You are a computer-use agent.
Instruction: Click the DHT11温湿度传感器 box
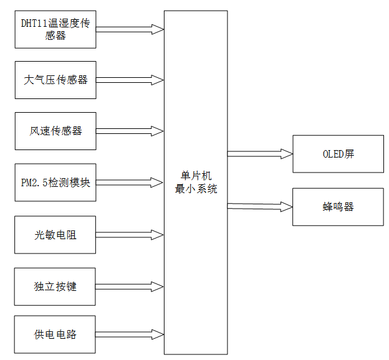point(55,29)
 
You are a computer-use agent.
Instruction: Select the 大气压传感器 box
point(55,80)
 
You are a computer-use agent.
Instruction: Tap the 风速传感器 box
point(55,131)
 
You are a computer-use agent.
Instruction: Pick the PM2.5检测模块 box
point(55,182)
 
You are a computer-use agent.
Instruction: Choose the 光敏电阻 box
point(55,235)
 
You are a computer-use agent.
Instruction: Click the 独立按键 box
point(55,287)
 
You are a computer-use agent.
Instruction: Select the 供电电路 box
point(55,334)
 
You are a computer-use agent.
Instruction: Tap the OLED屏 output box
point(338,154)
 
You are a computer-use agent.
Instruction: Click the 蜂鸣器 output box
point(338,206)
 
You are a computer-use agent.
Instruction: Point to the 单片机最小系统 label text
point(196,183)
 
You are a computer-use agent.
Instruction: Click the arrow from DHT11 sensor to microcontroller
point(130,29)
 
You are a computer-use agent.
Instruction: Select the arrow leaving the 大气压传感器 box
point(130,80)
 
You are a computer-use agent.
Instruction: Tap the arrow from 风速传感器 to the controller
point(130,131)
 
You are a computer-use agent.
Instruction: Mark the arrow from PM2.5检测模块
point(130,183)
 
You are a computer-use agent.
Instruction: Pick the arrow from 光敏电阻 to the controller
point(130,235)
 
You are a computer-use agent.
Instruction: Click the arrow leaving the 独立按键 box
point(130,287)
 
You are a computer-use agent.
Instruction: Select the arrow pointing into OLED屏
point(259,153)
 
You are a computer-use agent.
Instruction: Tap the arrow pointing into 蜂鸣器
point(259,206)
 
